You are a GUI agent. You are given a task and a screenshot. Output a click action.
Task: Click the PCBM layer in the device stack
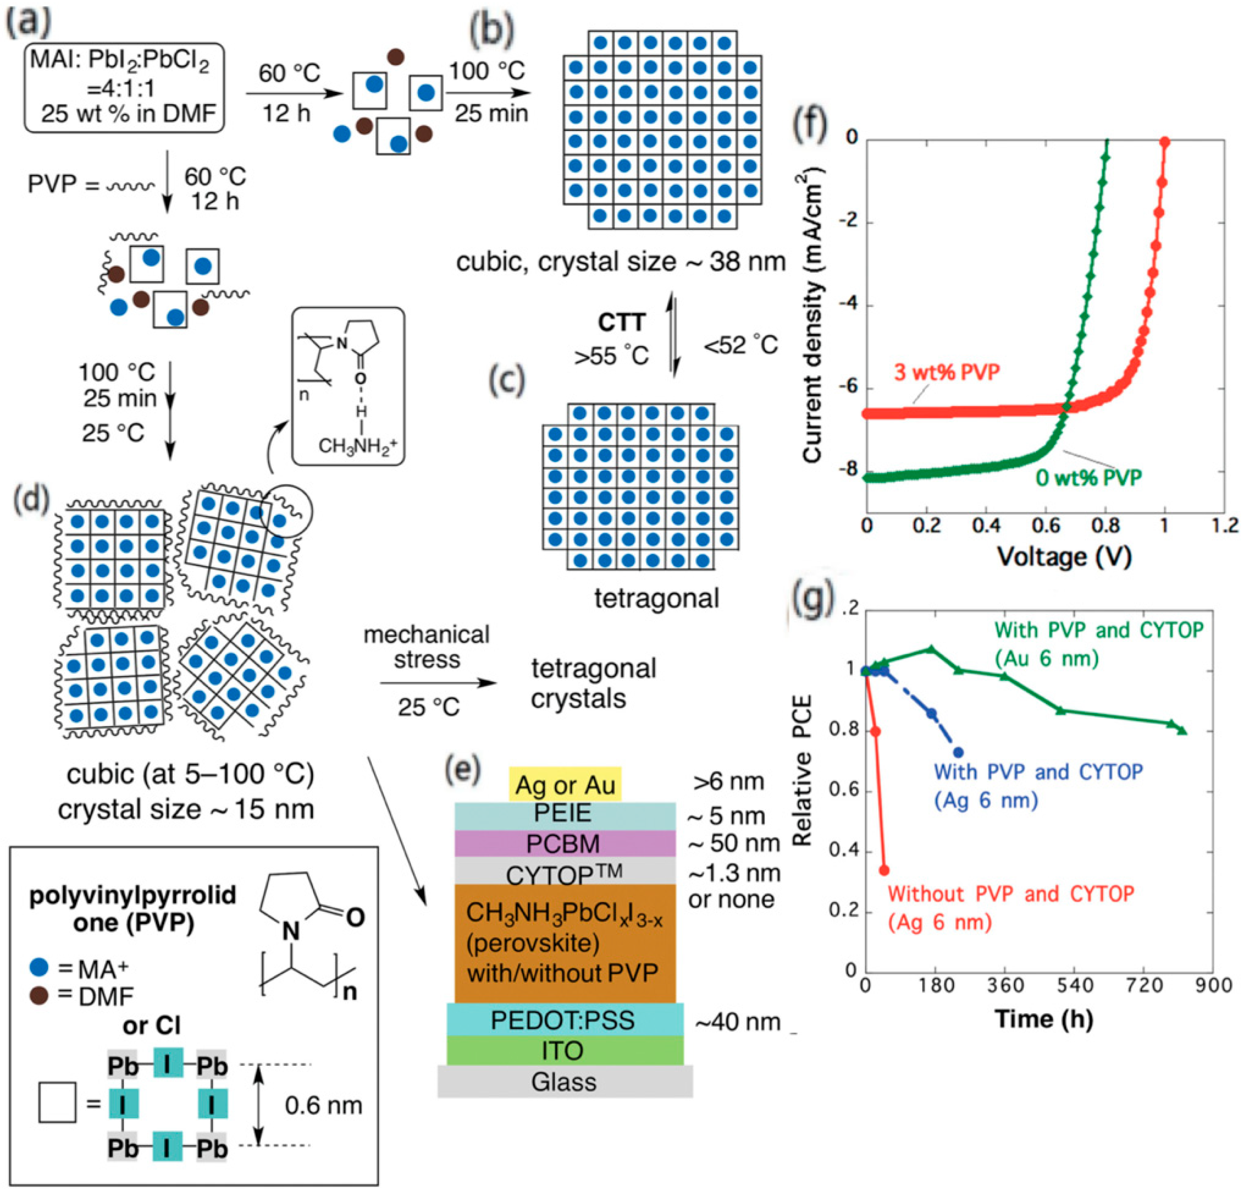point(564,843)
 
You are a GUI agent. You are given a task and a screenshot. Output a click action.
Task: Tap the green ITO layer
point(564,1050)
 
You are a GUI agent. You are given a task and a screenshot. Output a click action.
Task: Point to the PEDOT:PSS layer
point(564,1020)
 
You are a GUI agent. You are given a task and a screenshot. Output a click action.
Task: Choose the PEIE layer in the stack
point(564,813)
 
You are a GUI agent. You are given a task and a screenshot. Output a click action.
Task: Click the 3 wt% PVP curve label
point(947,372)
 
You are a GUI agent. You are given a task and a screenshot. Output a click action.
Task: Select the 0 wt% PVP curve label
point(1088,477)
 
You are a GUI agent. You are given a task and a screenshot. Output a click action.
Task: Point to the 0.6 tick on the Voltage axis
point(1046,526)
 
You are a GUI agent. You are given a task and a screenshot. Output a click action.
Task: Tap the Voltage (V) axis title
point(1064,557)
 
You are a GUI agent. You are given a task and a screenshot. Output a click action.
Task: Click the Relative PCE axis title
point(803,771)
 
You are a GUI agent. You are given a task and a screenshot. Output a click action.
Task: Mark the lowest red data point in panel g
point(883,870)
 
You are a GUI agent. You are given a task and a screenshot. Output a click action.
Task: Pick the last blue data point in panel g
point(958,752)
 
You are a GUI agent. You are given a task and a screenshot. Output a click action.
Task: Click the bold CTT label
point(621,322)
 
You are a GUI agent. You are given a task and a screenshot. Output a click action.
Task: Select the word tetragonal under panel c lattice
point(656,599)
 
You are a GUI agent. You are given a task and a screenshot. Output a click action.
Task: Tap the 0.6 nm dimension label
point(323,1106)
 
